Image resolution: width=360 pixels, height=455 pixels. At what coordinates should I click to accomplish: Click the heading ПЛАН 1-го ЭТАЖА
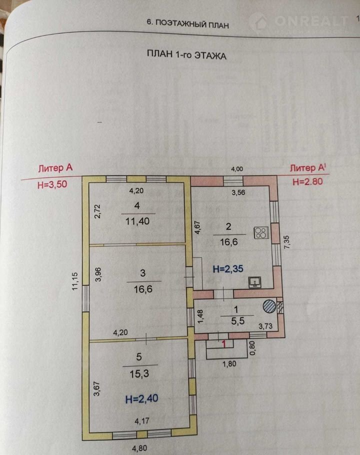(x=186, y=55)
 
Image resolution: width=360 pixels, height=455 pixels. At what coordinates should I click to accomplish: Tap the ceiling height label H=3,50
(x=52, y=184)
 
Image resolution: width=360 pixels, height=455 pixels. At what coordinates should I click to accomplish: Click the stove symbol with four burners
(x=261, y=232)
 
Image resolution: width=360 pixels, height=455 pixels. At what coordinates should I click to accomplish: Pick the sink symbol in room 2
(x=255, y=283)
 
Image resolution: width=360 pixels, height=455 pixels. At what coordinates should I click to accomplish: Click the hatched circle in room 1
(x=268, y=305)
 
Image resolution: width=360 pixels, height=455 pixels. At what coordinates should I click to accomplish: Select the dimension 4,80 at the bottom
(x=140, y=448)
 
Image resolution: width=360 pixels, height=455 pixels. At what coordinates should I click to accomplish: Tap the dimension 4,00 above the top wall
(x=235, y=170)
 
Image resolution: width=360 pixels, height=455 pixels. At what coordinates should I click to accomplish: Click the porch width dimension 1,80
(x=229, y=364)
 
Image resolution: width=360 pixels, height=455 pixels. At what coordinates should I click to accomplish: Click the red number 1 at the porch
(x=224, y=344)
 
